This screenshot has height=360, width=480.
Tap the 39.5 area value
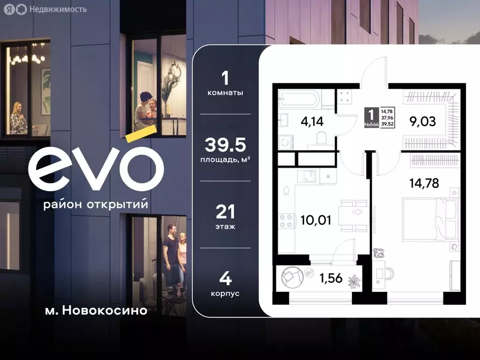pos(225,146)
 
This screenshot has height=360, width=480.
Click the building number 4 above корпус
pos(225,279)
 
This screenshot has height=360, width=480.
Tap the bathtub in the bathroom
pos(299,99)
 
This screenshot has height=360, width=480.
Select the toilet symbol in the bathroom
pos(321,138)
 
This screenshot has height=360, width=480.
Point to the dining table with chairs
pos(354,215)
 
